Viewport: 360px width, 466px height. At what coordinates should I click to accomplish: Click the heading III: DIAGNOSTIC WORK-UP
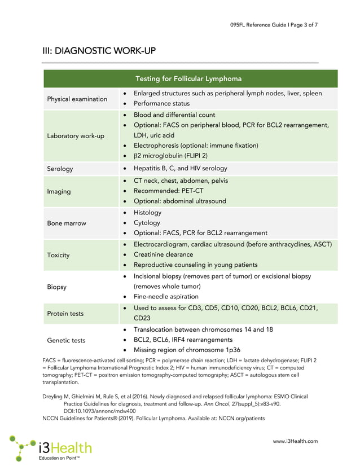99,51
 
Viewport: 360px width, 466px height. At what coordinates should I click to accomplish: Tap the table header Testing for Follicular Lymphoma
188,78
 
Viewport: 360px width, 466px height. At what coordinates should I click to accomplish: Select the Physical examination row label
77,99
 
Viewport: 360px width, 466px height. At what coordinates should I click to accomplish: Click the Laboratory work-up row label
76,136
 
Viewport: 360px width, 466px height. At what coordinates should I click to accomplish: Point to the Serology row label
60,169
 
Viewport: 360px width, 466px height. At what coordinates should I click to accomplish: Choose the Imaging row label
59,191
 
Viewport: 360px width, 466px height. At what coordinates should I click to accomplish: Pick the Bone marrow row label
67,223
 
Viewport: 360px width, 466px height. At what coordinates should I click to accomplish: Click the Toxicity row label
59,255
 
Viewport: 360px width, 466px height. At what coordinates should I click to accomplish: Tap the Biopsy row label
57,287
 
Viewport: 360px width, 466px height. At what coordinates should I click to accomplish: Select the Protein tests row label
65,314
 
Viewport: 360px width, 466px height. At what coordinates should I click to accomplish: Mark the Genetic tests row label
67,340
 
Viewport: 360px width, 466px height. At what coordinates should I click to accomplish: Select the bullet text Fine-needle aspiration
166,296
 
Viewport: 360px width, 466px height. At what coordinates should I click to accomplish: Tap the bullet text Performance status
161,104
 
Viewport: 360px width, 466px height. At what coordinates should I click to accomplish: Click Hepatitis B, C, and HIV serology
180,168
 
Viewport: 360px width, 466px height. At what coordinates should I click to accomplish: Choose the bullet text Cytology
147,223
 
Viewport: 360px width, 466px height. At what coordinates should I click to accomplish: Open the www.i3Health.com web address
295,441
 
